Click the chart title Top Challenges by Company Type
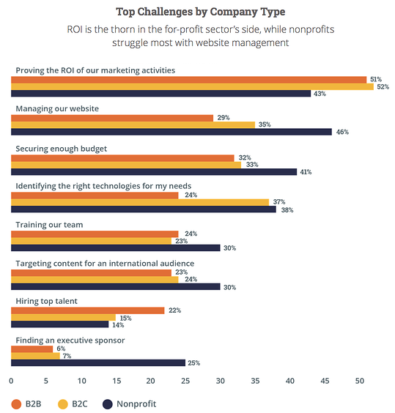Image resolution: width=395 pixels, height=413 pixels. pyautogui.click(x=200, y=12)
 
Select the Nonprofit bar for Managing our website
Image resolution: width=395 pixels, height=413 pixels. pyautogui.click(x=171, y=132)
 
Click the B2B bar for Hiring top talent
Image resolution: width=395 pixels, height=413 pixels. pyautogui.click(x=87, y=310)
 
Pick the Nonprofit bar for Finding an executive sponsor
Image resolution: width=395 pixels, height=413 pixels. pyautogui.click(x=98, y=362)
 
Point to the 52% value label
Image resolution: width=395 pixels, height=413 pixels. pyautogui.click(x=383, y=86)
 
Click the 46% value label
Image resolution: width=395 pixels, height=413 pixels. pyautogui.click(x=342, y=132)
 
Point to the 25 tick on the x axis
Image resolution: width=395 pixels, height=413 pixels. pyautogui.click(x=185, y=381)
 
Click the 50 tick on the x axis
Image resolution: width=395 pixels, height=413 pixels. pyautogui.click(x=360, y=381)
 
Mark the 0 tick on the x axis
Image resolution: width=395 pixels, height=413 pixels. pyautogui.click(x=11, y=381)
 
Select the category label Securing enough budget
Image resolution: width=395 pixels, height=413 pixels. pyautogui.click(x=62, y=149)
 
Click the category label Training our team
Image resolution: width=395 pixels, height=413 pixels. pyautogui.click(x=49, y=224)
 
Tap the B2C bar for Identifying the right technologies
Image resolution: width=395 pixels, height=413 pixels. pyautogui.click(x=140, y=201)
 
